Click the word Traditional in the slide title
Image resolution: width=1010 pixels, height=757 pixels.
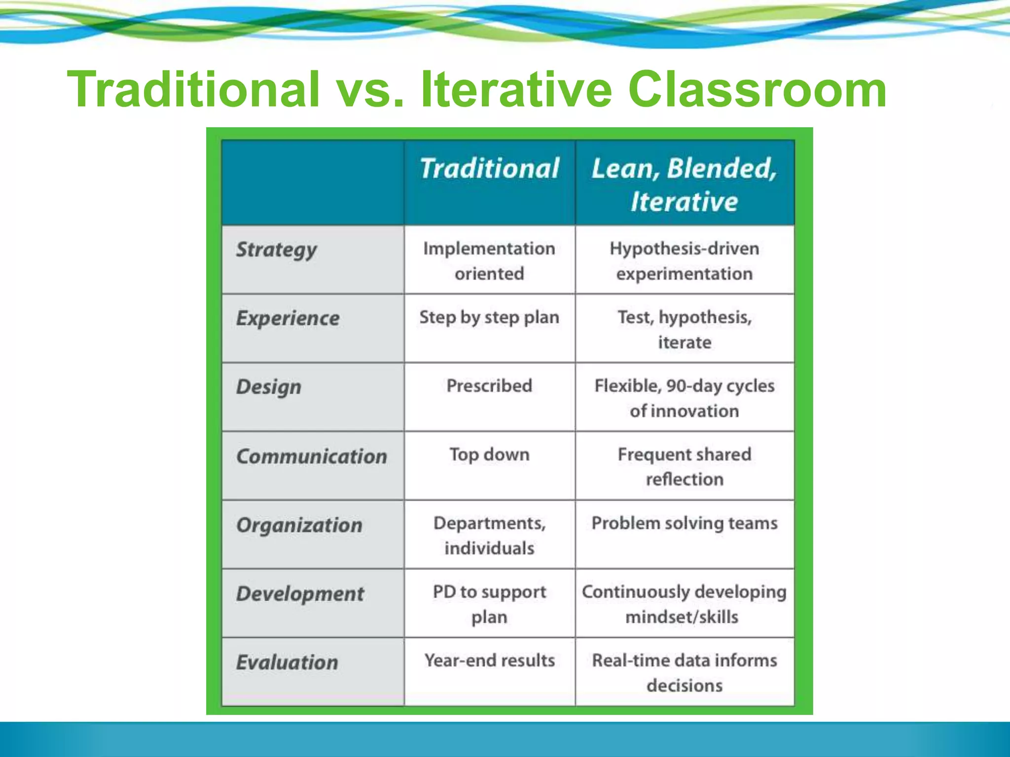[x=194, y=89]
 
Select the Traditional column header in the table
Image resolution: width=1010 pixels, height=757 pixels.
[x=489, y=169]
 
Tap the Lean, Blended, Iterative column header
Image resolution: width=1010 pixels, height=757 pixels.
[x=684, y=184]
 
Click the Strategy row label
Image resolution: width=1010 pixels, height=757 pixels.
[x=276, y=250]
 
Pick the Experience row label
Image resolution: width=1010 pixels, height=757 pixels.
[x=288, y=318]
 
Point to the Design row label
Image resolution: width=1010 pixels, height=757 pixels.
[x=269, y=387]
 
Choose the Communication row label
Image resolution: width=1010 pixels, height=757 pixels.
[x=312, y=456]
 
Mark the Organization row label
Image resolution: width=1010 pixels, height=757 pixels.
[x=299, y=525]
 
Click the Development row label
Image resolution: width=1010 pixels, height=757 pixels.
[x=300, y=594]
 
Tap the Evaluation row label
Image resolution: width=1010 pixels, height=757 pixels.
[x=287, y=662]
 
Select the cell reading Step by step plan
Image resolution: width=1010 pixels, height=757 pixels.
[x=489, y=317]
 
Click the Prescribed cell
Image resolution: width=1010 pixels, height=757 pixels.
[x=489, y=386]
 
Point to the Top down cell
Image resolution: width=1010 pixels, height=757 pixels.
[x=489, y=454]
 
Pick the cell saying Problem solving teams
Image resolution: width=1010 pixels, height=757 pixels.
[x=684, y=523]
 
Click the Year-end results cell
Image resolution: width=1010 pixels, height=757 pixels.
[x=489, y=660]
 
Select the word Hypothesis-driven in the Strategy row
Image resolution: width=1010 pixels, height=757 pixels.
[x=684, y=248]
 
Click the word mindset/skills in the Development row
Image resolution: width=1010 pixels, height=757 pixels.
[x=682, y=617]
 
